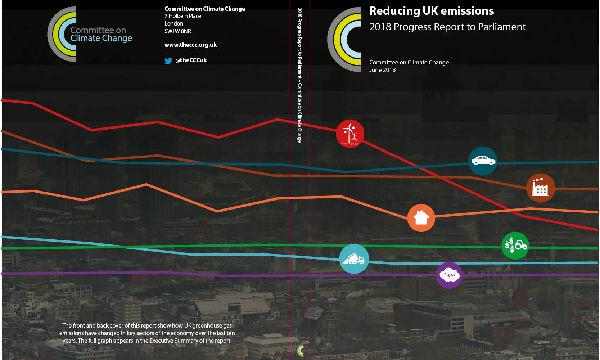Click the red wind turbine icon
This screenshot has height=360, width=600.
tap(350, 134)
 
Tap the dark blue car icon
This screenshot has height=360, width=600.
tap(483, 161)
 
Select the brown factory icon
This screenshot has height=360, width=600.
tap(540, 188)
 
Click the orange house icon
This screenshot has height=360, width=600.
tap(421, 218)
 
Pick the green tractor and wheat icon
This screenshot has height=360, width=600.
tap(515, 246)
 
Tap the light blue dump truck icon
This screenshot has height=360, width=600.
tap(354, 259)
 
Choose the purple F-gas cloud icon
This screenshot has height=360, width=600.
tap(449, 275)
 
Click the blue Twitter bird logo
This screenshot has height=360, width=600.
tap(168, 61)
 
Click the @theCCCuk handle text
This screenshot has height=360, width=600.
tap(191, 60)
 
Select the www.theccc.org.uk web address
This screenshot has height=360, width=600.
tap(190, 45)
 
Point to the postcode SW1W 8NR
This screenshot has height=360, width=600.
tap(177, 31)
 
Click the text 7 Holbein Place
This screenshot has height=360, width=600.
tap(182, 16)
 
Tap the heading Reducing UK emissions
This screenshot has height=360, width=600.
tap(431, 11)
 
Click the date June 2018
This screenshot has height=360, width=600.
tap(382, 70)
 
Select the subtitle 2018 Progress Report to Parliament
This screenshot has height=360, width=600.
tap(447, 27)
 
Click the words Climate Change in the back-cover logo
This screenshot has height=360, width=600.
tap(101, 38)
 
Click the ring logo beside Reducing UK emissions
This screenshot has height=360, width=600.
tap(344, 39)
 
